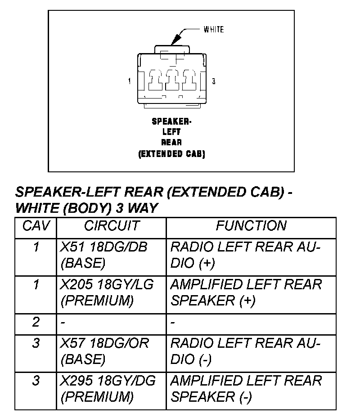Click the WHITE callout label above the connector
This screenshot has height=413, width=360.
(213, 30)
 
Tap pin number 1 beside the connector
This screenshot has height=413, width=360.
(130, 81)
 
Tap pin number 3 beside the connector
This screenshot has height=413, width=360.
(214, 81)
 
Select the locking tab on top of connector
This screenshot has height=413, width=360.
(171, 49)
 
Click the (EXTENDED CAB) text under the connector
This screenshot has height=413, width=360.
(171, 154)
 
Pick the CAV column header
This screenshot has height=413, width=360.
(36, 225)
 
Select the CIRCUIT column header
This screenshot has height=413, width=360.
(112, 225)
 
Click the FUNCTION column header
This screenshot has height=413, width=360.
(251, 225)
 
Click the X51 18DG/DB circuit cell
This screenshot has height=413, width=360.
(104, 255)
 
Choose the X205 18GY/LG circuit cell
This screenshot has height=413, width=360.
(107, 292)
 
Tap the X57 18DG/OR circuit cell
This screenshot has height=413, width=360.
(104, 351)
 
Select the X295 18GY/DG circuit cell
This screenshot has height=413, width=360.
(108, 389)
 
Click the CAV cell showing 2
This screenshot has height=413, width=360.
(36, 322)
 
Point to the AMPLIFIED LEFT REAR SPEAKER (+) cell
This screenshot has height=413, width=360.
(247, 292)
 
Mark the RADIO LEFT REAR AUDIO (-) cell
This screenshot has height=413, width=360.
(246, 351)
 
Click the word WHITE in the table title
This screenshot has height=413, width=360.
(38, 208)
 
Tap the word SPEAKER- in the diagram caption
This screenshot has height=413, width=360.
(171, 121)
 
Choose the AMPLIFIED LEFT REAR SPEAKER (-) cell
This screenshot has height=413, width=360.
(247, 389)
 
